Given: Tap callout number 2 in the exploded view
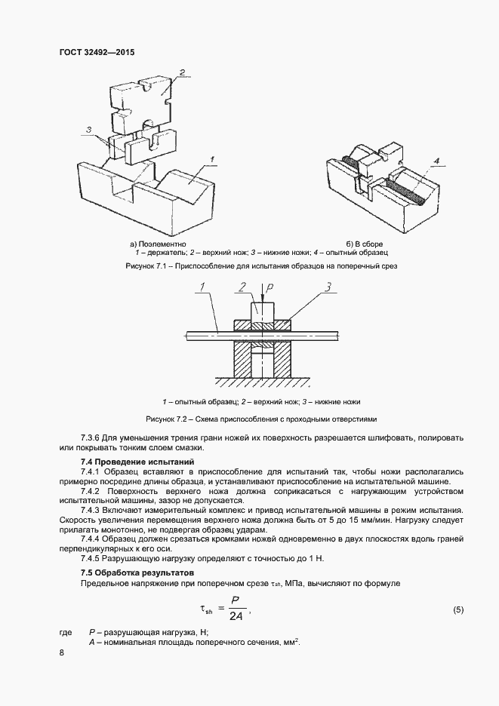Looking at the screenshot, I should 182,72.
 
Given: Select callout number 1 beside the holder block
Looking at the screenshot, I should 214,158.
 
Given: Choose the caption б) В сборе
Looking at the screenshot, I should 365,244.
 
